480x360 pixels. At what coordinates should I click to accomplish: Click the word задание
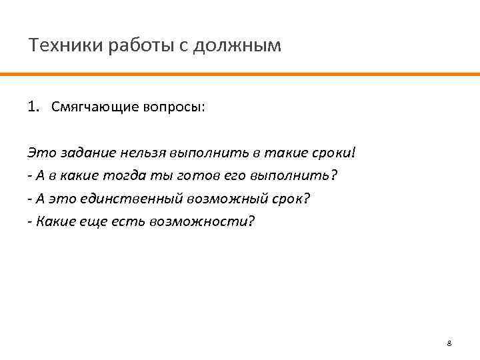89,153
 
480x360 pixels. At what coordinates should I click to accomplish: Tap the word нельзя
144,153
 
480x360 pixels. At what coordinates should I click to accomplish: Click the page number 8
449,343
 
